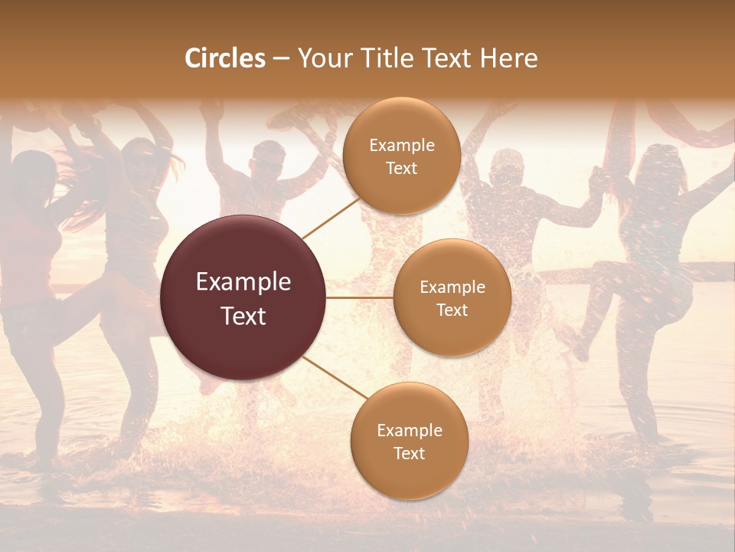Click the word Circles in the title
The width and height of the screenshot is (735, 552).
point(225,58)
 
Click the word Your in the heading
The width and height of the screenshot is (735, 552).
point(324,59)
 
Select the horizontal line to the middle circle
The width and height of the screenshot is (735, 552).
point(360,298)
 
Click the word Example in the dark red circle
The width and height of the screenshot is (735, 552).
point(243,282)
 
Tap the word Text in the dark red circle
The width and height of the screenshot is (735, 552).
point(243,316)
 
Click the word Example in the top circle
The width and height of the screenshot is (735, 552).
point(402,146)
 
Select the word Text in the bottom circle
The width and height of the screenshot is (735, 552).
point(409,453)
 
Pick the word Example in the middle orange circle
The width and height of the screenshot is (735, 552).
point(452,287)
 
